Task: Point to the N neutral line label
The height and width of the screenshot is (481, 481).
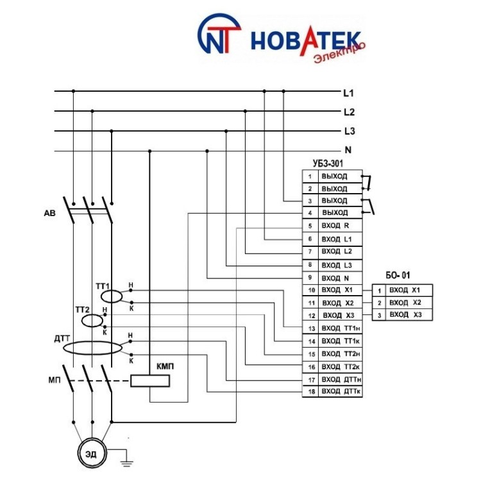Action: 348,151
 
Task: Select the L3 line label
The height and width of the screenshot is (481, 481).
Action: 350,131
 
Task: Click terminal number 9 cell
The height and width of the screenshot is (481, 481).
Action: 310,278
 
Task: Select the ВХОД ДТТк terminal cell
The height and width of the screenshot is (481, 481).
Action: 340,391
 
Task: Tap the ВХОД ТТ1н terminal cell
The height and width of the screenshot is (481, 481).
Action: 340,328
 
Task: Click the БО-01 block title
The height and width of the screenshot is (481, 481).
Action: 397,276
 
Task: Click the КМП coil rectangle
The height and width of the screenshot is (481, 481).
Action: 150,381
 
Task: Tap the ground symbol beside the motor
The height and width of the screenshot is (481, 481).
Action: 128,459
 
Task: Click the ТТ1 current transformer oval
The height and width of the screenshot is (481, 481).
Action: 112,295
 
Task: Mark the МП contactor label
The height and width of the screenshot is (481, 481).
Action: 55,380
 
